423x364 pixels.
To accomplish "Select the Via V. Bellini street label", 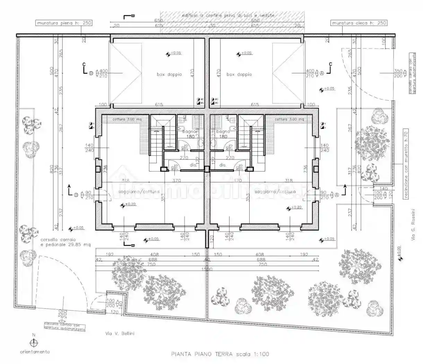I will pos(120,333).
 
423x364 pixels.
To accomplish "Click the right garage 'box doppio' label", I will pos(239,75).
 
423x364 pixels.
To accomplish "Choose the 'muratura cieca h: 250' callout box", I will pos(359,23).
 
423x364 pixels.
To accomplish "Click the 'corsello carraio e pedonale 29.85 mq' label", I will pos(65,242).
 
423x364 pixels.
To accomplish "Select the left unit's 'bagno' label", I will pos(189,132).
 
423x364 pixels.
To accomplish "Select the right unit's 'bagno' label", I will pos(223,132).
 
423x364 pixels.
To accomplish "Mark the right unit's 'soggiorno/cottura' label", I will pos(275,191).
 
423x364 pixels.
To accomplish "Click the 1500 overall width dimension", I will pos(208,269).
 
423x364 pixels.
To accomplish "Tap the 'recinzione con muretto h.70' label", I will pos(406,164).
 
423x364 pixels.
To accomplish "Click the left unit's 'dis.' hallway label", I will pos(193,165).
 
